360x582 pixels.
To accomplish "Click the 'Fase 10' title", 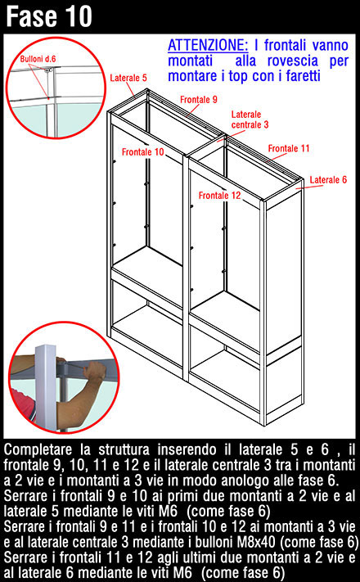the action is pyautogui.click(x=48, y=16).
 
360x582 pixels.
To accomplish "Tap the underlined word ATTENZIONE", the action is pyautogui.click(x=208, y=45).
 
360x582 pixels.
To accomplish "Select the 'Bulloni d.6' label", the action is pyautogui.click(x=38, y=59).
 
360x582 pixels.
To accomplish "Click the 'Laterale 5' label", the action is pyautogui.click(x=128, y=78).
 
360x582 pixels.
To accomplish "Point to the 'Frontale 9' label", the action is pyautogui.click(x=199, y=100).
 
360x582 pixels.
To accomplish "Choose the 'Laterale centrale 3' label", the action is pyautogui.click(x=250, y=120).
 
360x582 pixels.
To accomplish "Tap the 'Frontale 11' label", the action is pyautogui.click(x=289, y=148).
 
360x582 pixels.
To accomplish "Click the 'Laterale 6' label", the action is pyautogui.click(x=328, y=179).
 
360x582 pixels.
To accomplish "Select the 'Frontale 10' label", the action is pyautogui.click(x=143, y=151).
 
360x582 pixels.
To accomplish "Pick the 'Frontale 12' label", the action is pyautogui.click(x=220, y=196).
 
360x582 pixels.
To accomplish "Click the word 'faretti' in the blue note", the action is pyautogui.click(x=303, y=76).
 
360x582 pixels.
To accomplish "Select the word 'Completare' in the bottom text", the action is pyautogui.click(x=38, y=450).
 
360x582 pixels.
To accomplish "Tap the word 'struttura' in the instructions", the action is pyautogui.click(x=124, y=450).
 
